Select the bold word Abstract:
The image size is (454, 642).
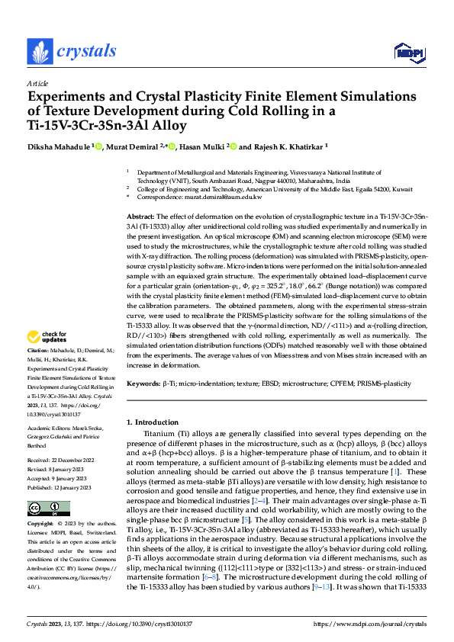tap(142, 217)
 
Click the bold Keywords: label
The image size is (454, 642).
tap(145, 383)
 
